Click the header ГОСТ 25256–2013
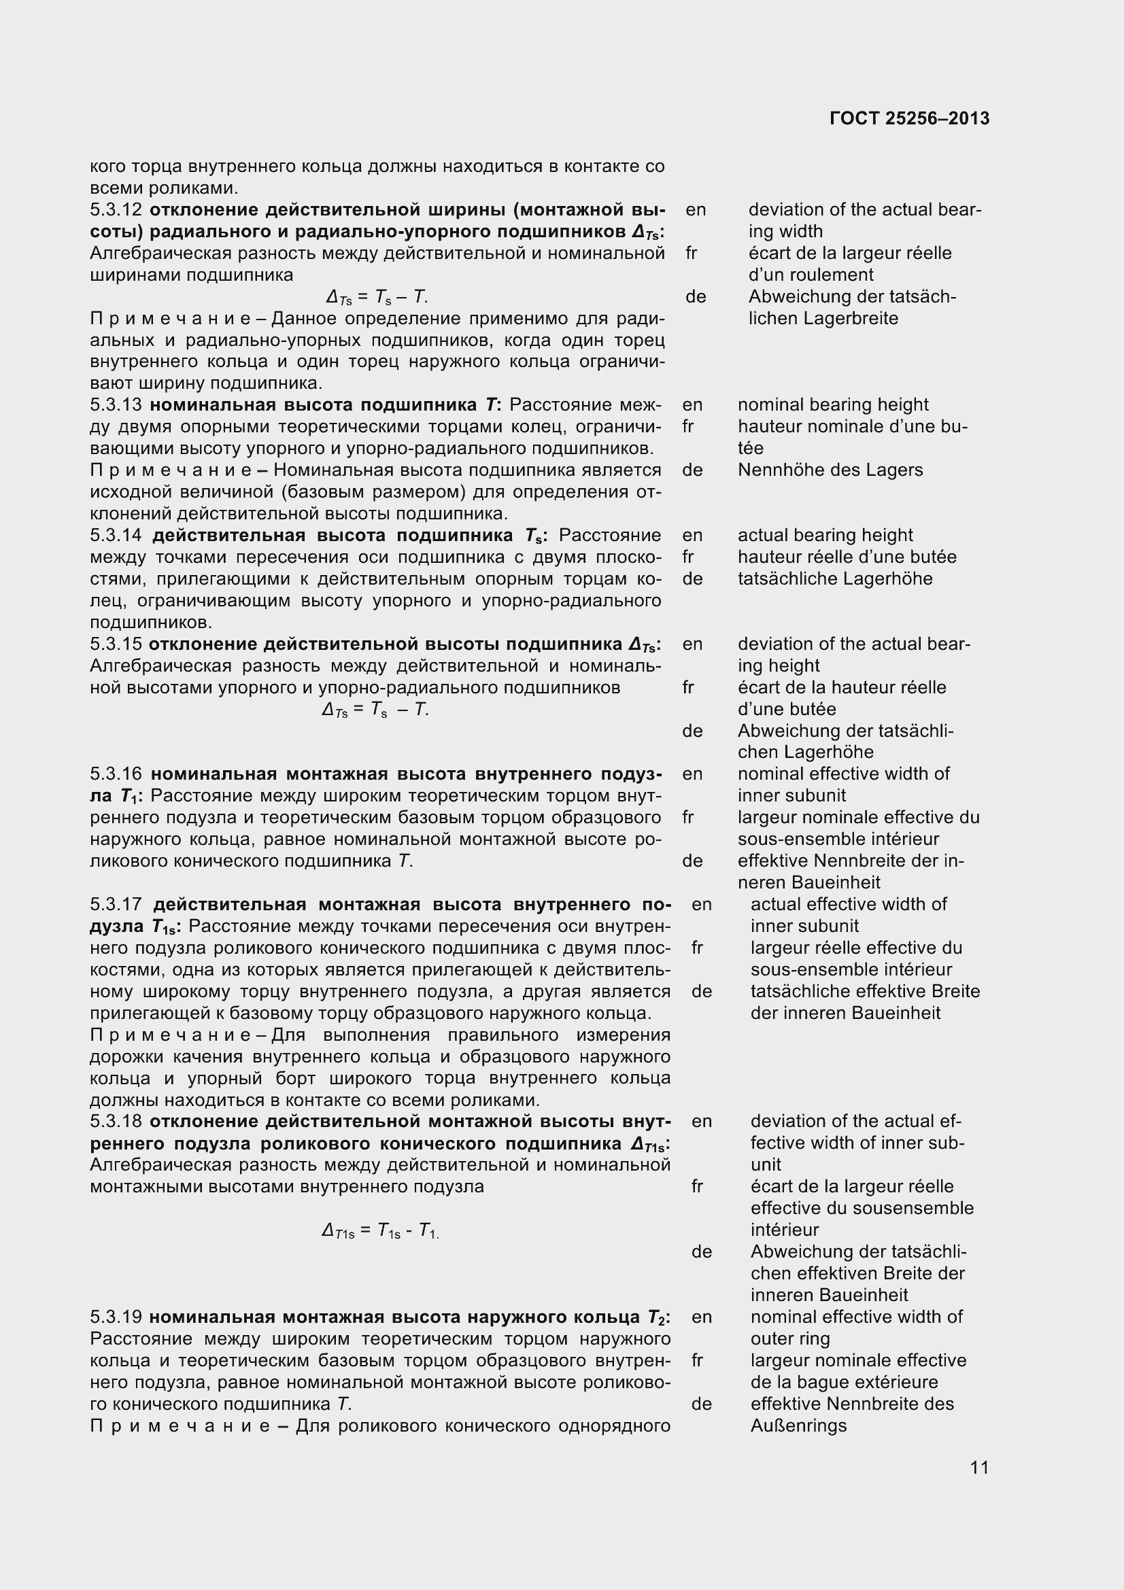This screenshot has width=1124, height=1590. click(909, 118)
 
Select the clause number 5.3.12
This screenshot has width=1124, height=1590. click(116, 210)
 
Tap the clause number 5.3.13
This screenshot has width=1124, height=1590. click(116, 404)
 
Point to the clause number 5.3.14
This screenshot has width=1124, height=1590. click(116, 535)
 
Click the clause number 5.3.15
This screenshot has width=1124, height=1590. click(116, 644)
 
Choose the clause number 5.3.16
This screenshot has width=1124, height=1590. click(116, 774)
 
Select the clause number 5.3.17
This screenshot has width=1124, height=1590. click(116, 904)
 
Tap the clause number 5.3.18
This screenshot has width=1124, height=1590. click(116, 1121)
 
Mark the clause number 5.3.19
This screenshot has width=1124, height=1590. click(116, 1317)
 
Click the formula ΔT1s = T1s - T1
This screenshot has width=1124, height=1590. click(380, 1230)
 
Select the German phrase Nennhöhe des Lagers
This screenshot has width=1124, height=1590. click(830, 470)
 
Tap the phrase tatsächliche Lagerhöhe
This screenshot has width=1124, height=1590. click(834, 579)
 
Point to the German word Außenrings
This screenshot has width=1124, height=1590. click(798, 1425)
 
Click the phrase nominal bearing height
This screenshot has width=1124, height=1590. click(832, 404)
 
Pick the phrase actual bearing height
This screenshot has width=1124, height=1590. click(825, 535)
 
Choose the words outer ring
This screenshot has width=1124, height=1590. click(789, 1338)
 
